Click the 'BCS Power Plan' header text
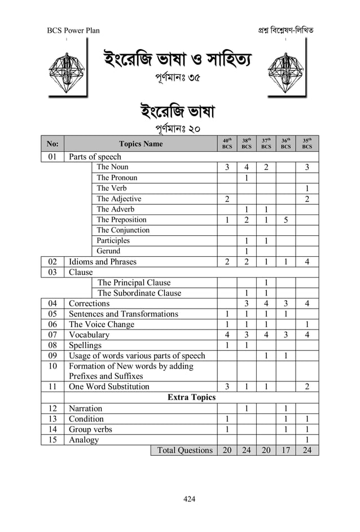click(73, 30)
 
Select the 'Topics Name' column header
click(141, 144)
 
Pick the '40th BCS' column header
click(227, 144)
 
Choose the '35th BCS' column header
click(306, 144)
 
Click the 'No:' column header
click(52, 144)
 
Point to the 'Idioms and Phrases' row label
click(102, 262)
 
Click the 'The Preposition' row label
click(121, 220)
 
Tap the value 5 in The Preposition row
click(286, 220)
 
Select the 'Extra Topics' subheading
click(191, 398)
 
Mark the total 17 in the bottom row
click(286, 450)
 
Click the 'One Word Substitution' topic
click(109, 387)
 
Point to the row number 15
click(52, 440)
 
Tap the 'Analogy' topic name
click(84, 440)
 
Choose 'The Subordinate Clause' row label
click(139, 293)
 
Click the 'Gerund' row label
click(108, 251)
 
